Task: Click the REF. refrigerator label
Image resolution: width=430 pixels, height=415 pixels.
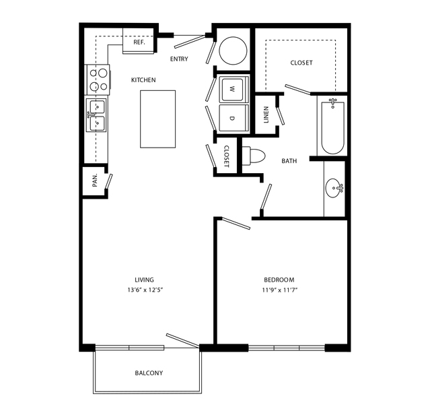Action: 139,42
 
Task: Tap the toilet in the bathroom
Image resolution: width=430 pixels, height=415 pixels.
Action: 254,156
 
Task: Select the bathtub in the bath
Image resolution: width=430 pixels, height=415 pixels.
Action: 332,127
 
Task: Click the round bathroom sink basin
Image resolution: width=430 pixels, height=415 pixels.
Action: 334,188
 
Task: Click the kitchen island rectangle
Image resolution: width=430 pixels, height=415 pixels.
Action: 157,119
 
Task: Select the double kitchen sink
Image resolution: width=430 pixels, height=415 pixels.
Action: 96,115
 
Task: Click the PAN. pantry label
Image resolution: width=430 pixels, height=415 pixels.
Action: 95,181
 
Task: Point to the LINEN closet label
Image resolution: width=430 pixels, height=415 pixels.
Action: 266,115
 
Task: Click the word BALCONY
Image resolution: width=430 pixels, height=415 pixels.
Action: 149,373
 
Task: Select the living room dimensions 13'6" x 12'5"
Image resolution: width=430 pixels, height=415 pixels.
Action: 145,290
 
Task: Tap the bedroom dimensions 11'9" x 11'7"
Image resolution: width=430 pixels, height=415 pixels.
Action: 280,290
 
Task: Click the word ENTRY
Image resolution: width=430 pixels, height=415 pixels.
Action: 179,59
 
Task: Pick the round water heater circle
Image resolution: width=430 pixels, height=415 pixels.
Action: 233,51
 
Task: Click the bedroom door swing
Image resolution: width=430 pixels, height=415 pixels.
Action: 236,224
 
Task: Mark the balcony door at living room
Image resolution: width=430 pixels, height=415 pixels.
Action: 182,341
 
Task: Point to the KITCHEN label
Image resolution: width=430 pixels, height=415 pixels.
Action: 143,80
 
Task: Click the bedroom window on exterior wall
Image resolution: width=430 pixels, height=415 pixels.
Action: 287,348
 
